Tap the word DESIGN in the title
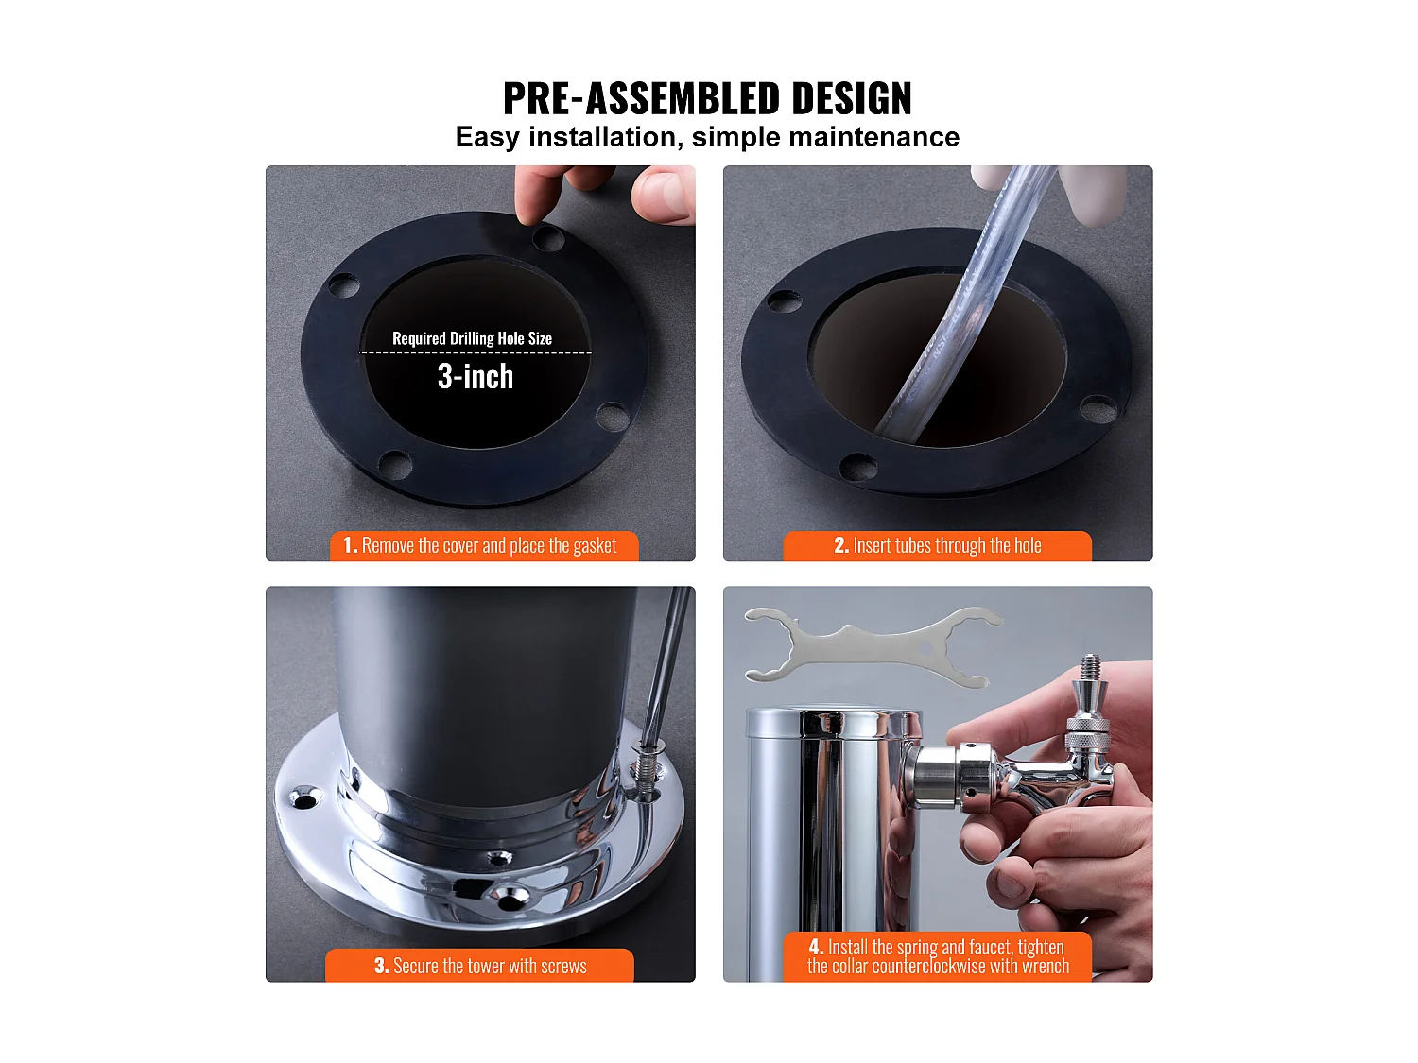click(852, 98)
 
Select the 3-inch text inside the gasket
click(476, 377)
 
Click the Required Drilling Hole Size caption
click(472, 338)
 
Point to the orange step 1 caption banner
click(484, 546)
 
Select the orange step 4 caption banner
click(937, 956)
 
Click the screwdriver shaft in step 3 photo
click(666, 661)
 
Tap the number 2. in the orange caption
click(840, 546)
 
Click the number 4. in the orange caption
click(816, 947)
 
